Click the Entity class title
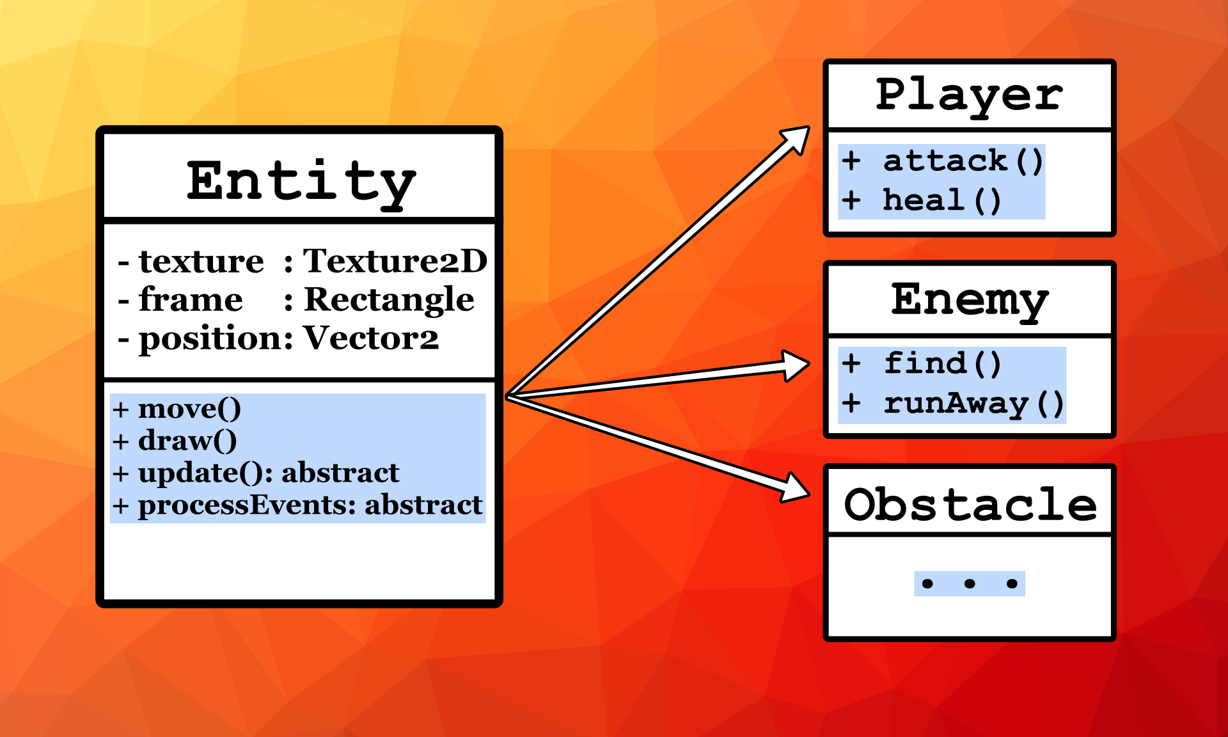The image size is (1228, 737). point(301,182)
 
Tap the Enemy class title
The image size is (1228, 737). point(970,299)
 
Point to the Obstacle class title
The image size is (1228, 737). point(970,504)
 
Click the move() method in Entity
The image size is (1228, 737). point(189,409)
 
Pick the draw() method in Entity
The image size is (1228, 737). point(187,441)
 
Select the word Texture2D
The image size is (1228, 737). point(395,261)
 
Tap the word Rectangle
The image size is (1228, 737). point(389,299)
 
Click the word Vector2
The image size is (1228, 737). point(371,338)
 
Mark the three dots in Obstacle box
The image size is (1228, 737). point(969,583)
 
